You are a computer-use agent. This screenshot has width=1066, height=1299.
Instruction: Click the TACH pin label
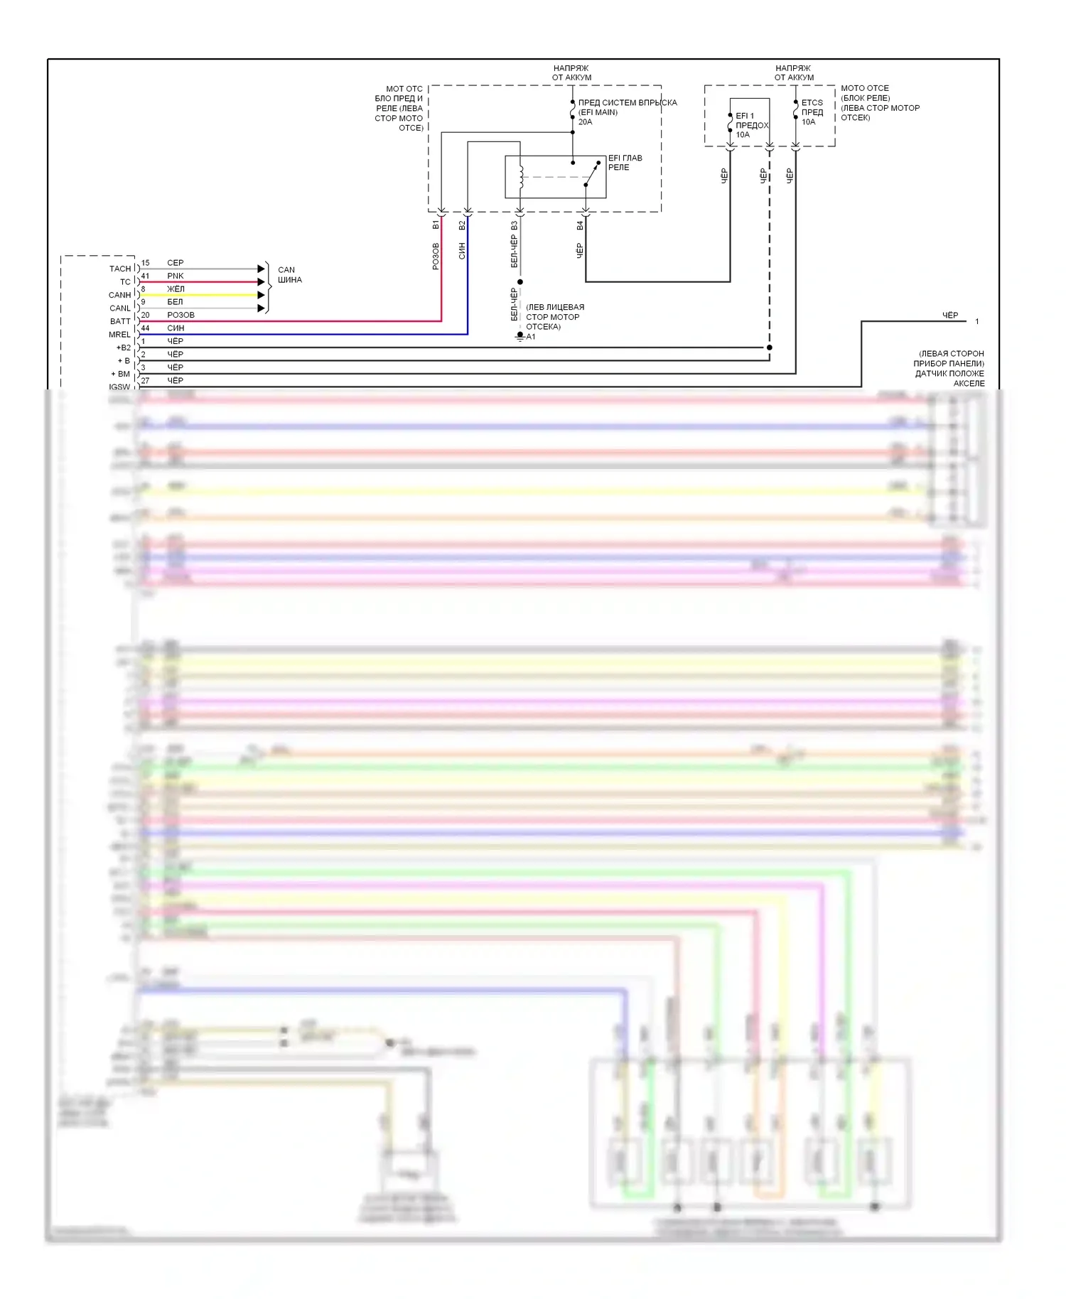119,269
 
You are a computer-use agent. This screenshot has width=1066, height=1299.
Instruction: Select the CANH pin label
119,295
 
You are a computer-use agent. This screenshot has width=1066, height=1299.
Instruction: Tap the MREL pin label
119,335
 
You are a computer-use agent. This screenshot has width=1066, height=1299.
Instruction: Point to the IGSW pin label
119,387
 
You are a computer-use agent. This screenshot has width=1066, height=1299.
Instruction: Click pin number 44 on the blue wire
145,328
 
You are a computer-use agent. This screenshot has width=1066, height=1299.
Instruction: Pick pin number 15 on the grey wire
145,262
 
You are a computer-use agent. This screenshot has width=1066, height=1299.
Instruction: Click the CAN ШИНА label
289,275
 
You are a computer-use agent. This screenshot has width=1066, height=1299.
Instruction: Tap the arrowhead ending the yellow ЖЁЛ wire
261,295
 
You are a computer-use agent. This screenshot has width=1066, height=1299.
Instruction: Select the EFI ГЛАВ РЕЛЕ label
625,163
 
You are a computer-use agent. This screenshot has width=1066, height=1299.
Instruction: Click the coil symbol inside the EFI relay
521,177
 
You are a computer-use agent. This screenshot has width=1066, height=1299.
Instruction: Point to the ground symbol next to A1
520,338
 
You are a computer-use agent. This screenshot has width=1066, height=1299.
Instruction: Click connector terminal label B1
436,225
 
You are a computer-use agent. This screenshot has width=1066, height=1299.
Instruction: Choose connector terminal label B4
580,225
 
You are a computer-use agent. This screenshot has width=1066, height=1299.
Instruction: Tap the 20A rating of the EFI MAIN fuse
585,122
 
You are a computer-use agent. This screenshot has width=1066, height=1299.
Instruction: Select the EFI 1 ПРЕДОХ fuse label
751,125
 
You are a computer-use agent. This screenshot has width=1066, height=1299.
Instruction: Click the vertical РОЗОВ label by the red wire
436,257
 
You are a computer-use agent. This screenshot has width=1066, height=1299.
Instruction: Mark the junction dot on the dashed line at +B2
770,347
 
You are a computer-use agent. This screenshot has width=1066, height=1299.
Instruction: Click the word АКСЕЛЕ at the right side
969,383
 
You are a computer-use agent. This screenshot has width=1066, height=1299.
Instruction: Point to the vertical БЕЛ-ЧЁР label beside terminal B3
514,252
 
